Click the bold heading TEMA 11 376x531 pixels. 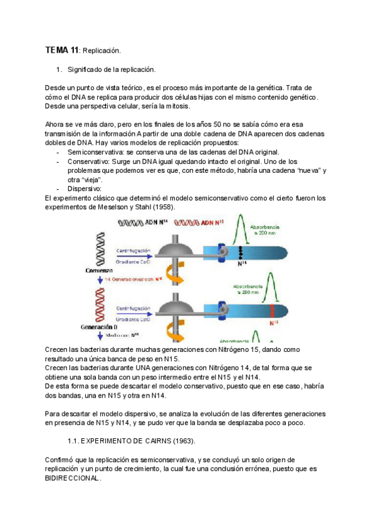[x=62, y=49]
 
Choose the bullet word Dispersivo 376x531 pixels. [x=85, y=188]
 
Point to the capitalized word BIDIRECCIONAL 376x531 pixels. [x=72, y=478]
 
